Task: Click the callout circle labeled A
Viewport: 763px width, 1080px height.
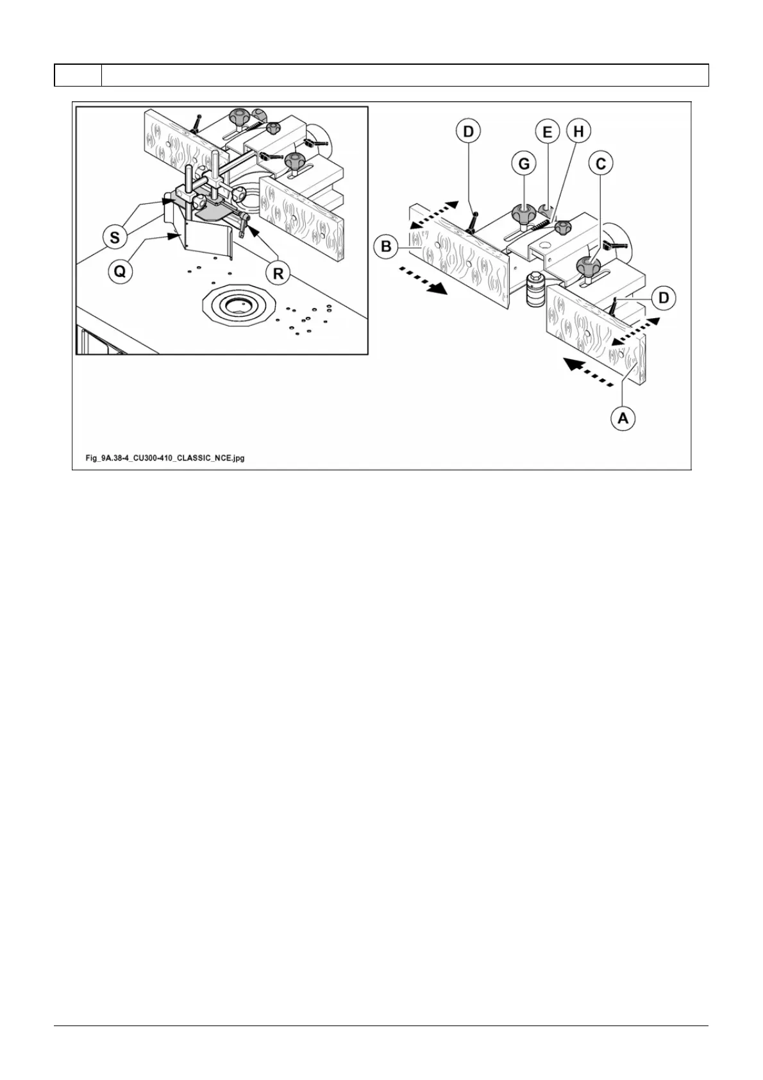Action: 622,419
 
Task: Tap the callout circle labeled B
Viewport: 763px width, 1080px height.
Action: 386,246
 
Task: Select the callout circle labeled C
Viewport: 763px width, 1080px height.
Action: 600,164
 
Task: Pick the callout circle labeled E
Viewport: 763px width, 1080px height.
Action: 547,132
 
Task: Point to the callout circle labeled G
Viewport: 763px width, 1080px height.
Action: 524,164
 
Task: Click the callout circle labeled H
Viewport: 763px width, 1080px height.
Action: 578,132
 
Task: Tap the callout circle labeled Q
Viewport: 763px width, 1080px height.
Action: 119,271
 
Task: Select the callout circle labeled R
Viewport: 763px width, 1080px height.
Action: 278,273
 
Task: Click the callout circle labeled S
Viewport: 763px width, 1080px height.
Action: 115,238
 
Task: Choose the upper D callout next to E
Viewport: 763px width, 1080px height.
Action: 469,132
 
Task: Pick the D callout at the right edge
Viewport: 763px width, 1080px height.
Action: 664,298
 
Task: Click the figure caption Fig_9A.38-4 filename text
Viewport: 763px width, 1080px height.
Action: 165,459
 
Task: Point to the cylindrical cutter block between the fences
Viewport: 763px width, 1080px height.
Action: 535,292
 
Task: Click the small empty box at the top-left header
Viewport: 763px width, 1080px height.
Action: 78,75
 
